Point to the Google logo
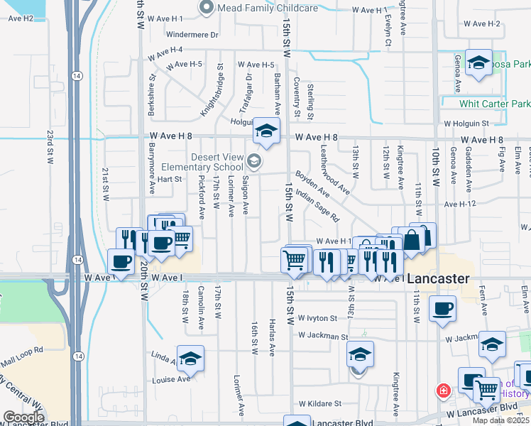(23, 417)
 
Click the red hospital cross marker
(444, 390)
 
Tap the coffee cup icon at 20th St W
(121, 262)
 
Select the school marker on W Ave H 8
(265, 131)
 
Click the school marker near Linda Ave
(190, 359)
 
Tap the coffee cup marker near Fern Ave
(443, 309)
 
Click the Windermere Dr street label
(192, 34)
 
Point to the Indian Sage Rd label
(317, 205)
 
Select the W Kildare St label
(321, 403)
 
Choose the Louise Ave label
(172, 379)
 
